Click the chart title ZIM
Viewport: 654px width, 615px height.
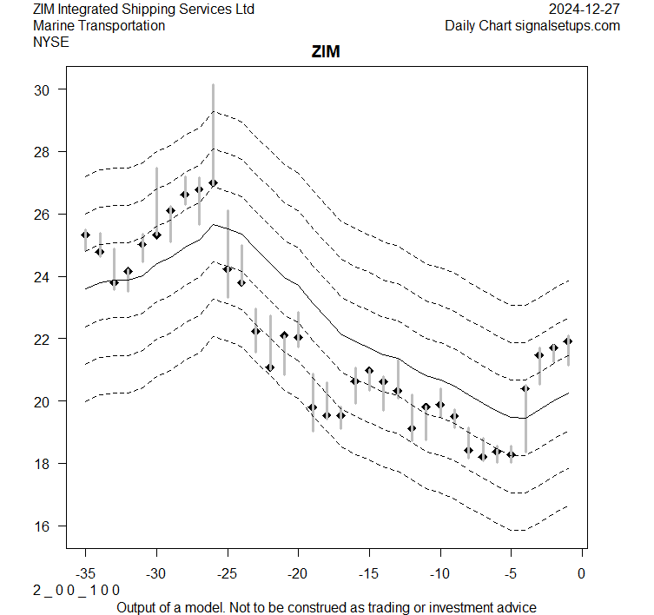(x=327, y=53)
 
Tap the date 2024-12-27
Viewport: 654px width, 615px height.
(x=585, y=9)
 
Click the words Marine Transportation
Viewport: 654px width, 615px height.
(x=99, y=25)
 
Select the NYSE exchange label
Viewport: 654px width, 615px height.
(x=51, y=42)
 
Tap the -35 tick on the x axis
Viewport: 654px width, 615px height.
(x=85, y=573)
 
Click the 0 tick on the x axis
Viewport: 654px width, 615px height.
(x=581, y=573)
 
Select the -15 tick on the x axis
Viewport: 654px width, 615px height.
(x=368, y=573)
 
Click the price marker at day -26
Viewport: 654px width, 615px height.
(x=213, y=183)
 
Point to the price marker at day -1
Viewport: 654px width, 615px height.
(x=568, y=341)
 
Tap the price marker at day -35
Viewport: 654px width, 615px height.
(x=85, y=235)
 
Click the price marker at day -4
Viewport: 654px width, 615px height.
(x=525, y=388)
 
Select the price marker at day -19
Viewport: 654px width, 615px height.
(x=313, y=407)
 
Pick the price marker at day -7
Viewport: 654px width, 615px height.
(x=483, y=456)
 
